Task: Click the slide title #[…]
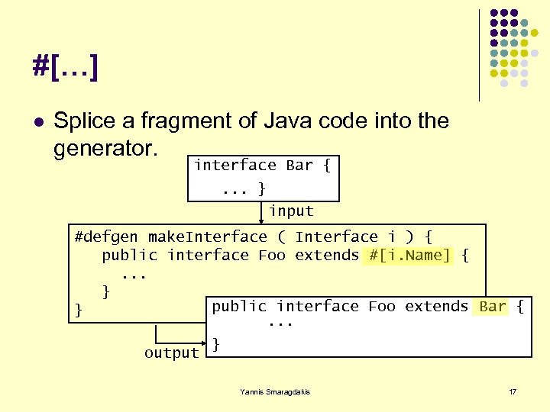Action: coord(65,67)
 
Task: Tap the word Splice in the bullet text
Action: coord(86,121)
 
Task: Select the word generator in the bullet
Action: coord(105,148)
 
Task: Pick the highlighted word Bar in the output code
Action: coord(493,306)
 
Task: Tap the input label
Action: coord(291,211)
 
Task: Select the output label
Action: coord(171,353)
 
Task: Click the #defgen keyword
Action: coord(107,237)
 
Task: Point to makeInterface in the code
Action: coord(208,237)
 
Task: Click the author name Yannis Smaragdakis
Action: coord(275,391)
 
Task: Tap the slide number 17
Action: coord(513,391)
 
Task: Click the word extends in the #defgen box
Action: coord(327,256)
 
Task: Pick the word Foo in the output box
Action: coord(382,306)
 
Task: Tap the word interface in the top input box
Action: coord(235,166)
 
